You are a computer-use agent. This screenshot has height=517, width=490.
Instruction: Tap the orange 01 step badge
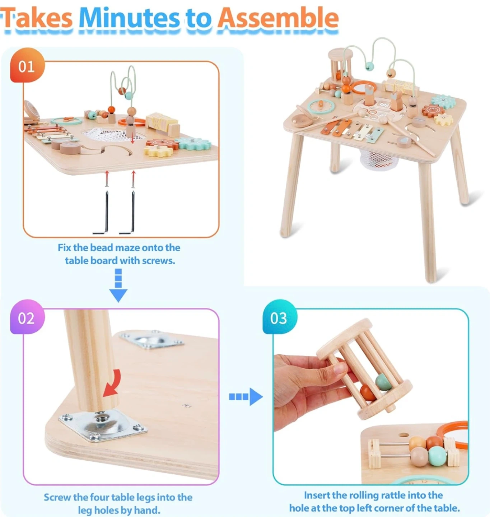click(x=27, y=65)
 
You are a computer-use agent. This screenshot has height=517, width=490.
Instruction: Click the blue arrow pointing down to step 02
click(x=118, y=285)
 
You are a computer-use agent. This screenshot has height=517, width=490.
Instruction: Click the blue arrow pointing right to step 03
click(x=246, y=397)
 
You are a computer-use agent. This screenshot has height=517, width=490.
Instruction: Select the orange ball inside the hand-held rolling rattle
click(x=368, y=393)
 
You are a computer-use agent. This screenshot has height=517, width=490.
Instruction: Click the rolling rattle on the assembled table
click(x=340, y=64)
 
